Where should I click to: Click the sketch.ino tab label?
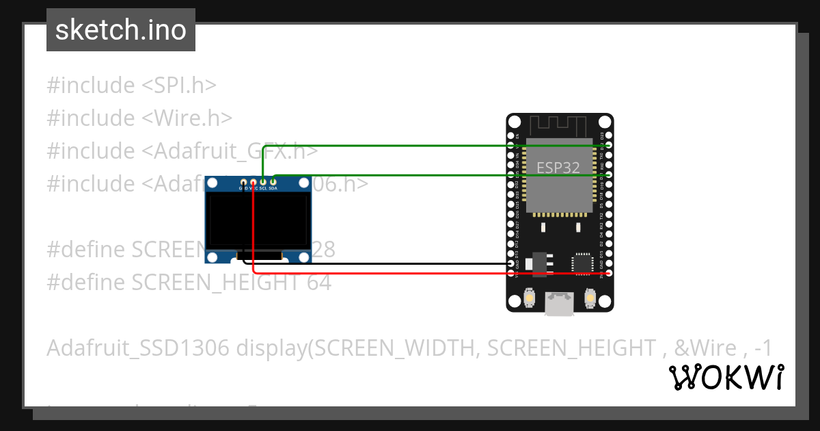tap(121, 30)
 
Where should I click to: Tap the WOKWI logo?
tap(726, 378)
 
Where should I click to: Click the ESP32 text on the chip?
tap(558, 167)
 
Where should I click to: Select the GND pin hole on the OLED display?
tap(243, 182)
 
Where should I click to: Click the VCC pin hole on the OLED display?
tap(253, 182)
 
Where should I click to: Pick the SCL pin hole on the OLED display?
tap(263, 182)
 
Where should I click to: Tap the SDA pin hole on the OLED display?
tap(273, 182)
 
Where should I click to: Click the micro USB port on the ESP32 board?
tap(560, 304)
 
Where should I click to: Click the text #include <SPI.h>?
tap(131, 86)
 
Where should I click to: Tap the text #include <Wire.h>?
tap(139, 118)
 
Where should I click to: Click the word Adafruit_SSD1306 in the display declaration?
tap(138, 348)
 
